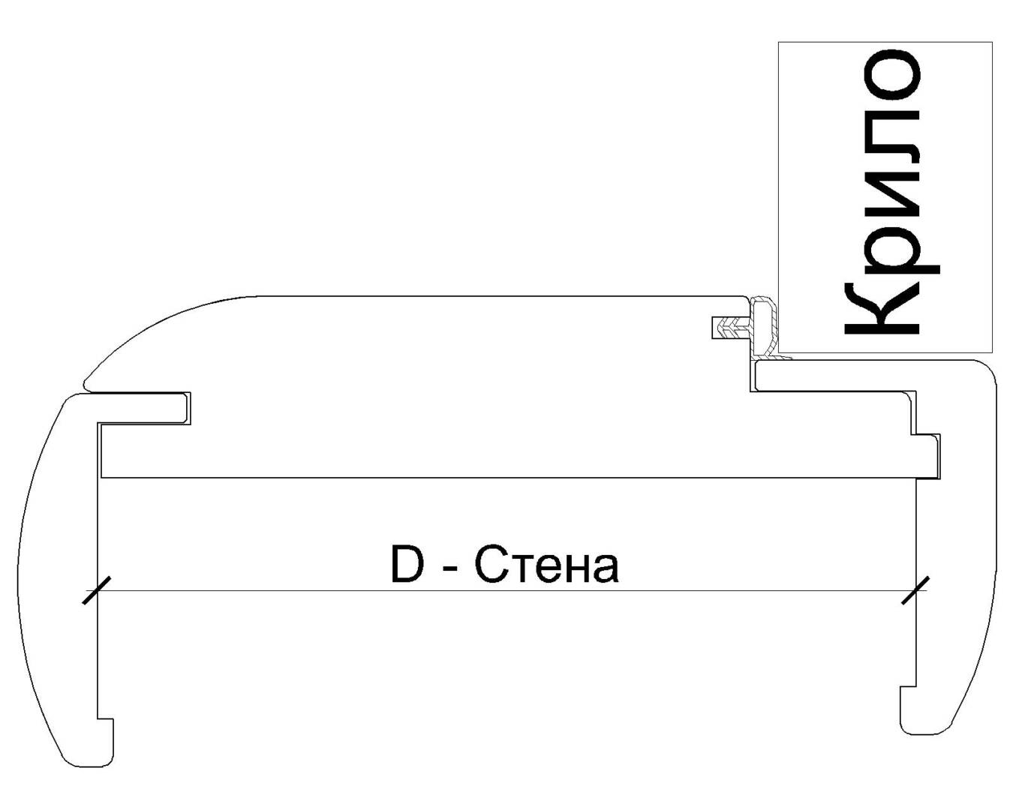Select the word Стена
547,566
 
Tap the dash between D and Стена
450,570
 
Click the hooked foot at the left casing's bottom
105,742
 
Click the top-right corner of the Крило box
992,42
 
